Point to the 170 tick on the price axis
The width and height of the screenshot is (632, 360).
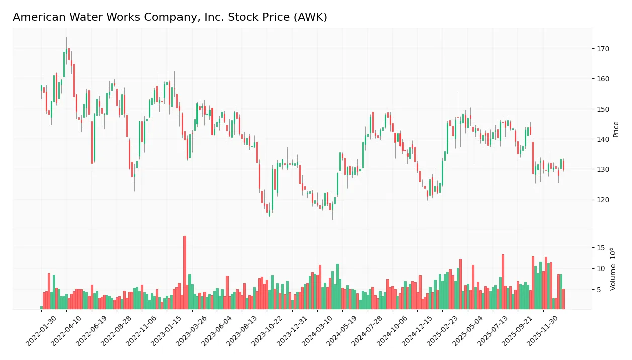[602, 49]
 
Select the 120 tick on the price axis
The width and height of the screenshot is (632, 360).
[602, 200]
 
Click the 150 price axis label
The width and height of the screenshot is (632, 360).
[602, 109]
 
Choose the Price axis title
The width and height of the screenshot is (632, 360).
[616, 129]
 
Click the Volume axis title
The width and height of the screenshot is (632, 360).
[613, 269]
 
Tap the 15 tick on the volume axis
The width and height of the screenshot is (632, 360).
[601, 248]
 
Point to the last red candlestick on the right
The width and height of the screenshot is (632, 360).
[563, 166]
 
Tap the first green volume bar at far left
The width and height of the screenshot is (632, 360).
[41, 307]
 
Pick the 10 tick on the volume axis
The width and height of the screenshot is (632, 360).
[601, 268]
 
